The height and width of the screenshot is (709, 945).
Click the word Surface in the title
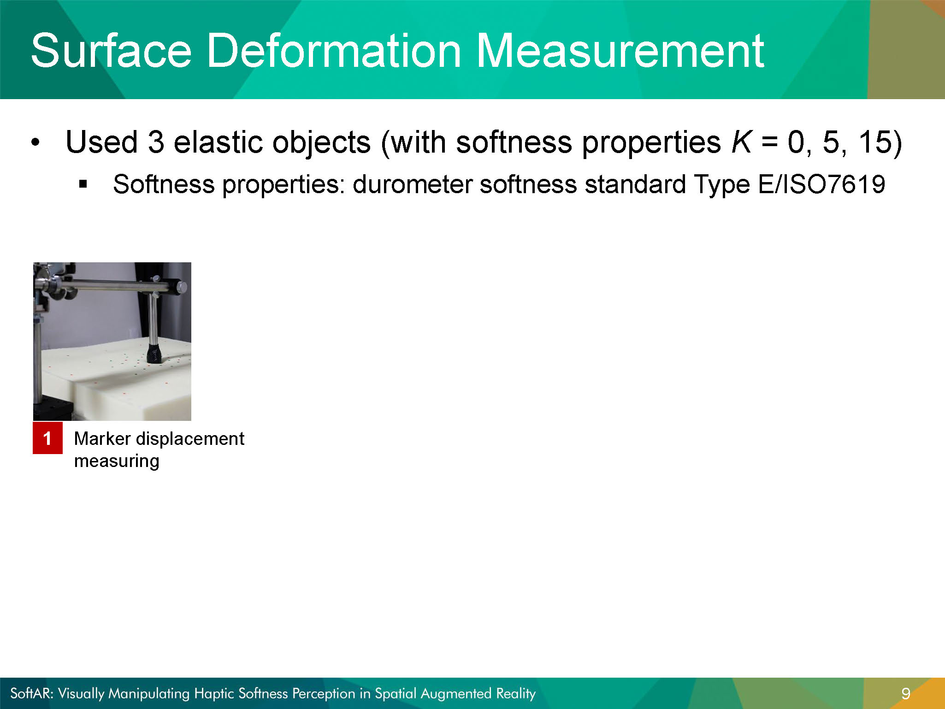[x=111, y=50]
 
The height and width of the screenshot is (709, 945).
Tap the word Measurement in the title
[x=620, y=50]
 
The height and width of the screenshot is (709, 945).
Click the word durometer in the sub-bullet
[x=412, y=184]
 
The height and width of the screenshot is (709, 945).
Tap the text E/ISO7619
[x=821, y=184]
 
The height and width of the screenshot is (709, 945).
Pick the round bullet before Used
[x=35, y=142]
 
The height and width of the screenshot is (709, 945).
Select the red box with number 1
[x=47, y=438]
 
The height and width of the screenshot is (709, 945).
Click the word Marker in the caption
[x=102, y=438]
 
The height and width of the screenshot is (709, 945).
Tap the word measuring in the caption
[x=117, y=461]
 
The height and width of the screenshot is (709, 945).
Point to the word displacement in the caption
[x=190, y=439]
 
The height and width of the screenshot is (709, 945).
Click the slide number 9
[x=905, y=694]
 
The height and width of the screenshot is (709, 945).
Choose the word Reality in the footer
[x=516, y=694]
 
